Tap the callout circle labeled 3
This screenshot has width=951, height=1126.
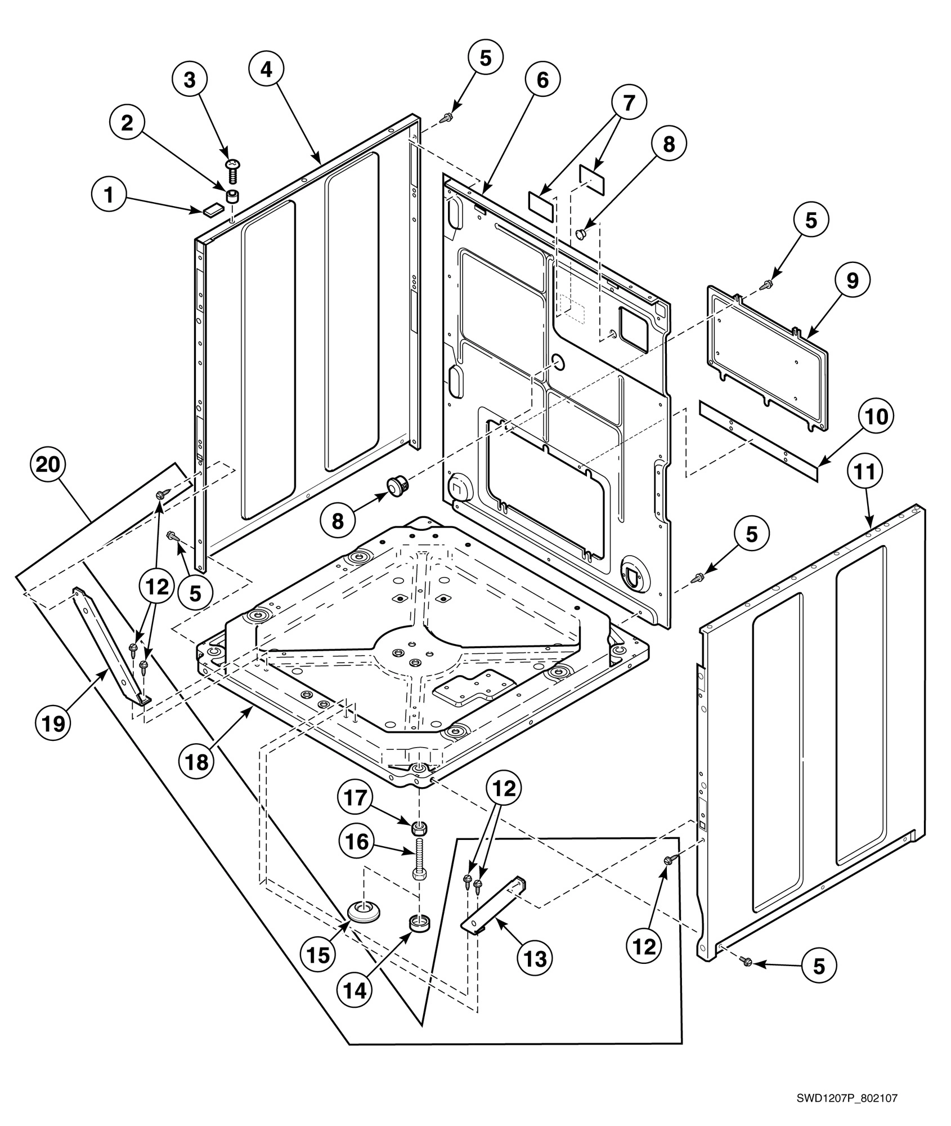tap(190, 79)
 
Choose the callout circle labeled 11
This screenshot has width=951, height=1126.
tap(865, 472)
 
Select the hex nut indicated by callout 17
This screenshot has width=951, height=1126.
tap(418, 828)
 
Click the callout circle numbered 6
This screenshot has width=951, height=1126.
tap(542, 81)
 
